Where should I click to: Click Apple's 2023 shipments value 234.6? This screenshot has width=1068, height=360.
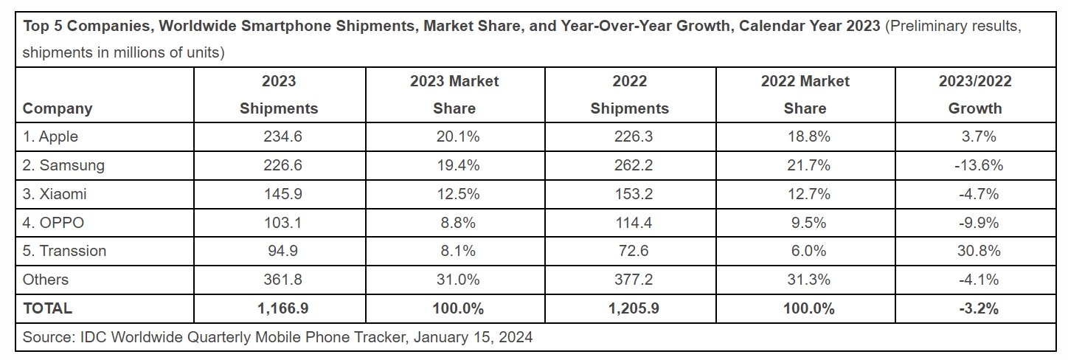(278, 136)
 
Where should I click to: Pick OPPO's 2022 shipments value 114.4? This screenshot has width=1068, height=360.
(629, 222)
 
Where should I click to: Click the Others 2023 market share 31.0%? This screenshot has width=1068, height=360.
(454, 280)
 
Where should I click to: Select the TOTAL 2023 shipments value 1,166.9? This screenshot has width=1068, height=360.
(278, 308)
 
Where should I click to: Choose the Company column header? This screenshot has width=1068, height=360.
(58, 108)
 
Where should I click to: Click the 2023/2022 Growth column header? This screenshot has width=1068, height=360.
(974, 94)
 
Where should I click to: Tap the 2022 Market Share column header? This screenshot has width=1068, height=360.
(805, 94)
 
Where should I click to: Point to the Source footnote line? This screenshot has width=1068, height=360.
(277, 338)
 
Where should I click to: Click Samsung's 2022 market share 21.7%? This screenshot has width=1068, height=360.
(805, 165)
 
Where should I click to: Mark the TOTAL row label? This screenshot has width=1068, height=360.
(47, 308)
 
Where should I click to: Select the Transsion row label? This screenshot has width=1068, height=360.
(64, 251)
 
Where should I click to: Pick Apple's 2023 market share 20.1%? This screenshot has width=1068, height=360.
(454, 136)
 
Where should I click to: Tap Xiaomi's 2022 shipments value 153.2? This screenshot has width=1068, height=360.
(629, 194)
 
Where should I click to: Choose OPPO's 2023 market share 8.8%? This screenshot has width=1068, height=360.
(454, 222)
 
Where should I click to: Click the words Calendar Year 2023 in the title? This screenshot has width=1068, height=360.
(809, 26)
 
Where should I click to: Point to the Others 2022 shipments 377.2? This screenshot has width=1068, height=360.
(629, 280)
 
